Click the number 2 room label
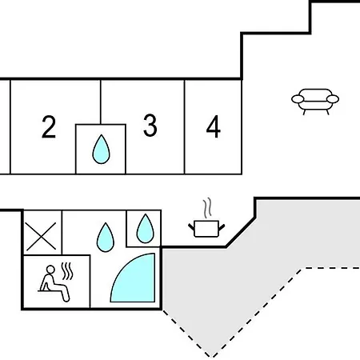pos(49,127)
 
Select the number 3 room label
pos(150,126)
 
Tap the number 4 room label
pos(214,126)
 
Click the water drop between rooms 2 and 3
pos(101,150)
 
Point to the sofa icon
pos(315,102)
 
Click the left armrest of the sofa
pos(298,99)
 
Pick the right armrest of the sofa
pos(333,99)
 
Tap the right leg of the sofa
pos(328,112)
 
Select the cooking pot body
pos(206,229)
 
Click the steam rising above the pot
pos(207,208)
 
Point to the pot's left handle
pos(191,227)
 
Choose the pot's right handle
pos(222,227)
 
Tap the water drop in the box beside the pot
pos(146,229)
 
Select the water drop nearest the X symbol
pos(106,238)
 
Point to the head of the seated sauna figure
pos(50,270)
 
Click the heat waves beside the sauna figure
pos(67,271)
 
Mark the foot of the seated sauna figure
pos(66,299)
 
